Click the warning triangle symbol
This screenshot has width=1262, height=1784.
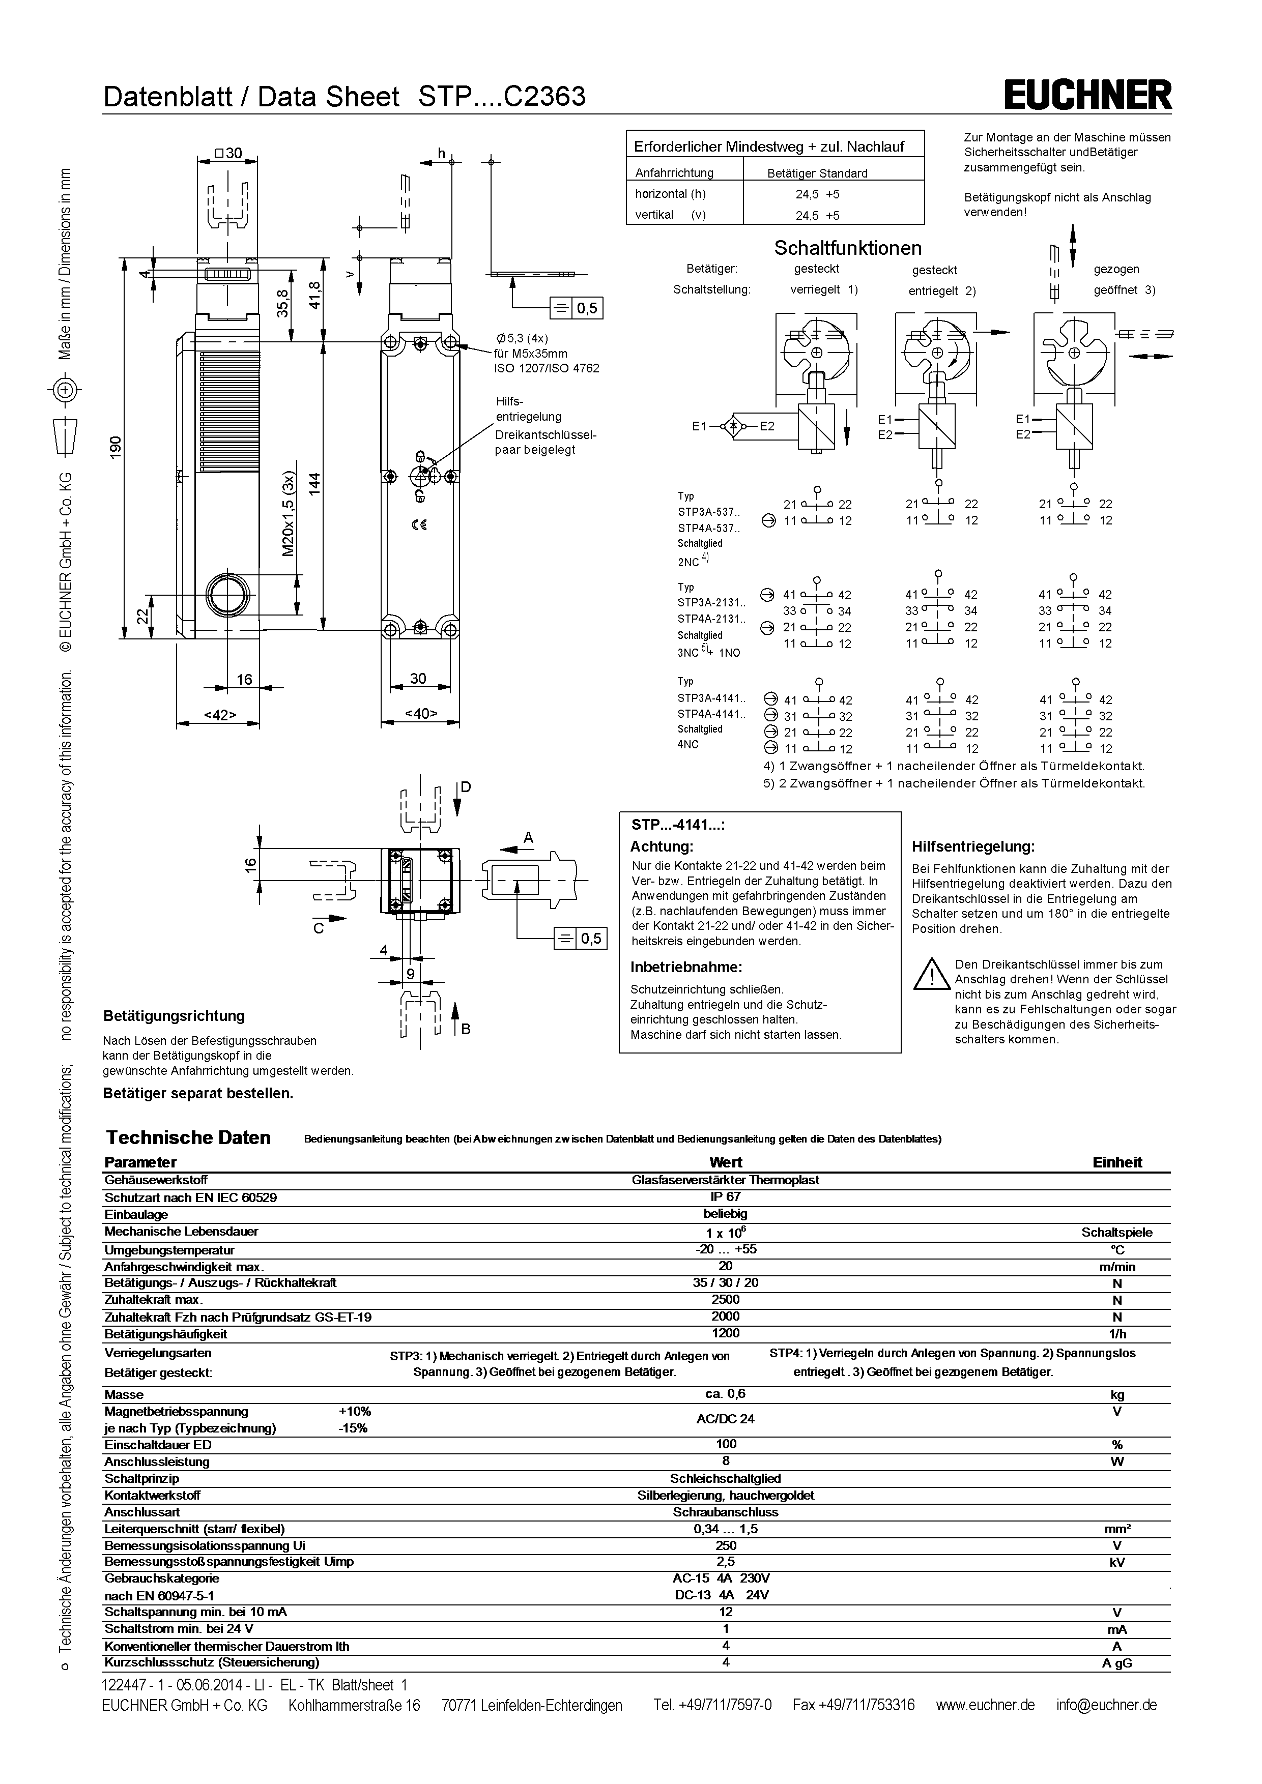[932, 974]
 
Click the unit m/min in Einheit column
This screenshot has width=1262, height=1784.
[1116, 1267]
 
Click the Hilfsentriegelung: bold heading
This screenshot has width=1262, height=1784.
[973, 846]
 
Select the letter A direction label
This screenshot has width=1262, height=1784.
[528, 838]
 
